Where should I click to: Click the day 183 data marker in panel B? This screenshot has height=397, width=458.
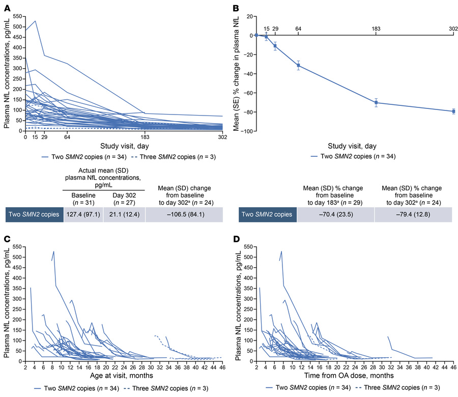376,102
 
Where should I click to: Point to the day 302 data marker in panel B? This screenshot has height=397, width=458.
453,111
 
